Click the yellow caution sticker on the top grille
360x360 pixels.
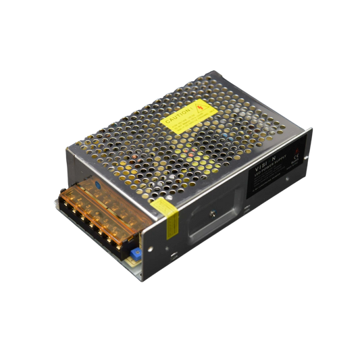185,115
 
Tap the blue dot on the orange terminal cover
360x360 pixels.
99,182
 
